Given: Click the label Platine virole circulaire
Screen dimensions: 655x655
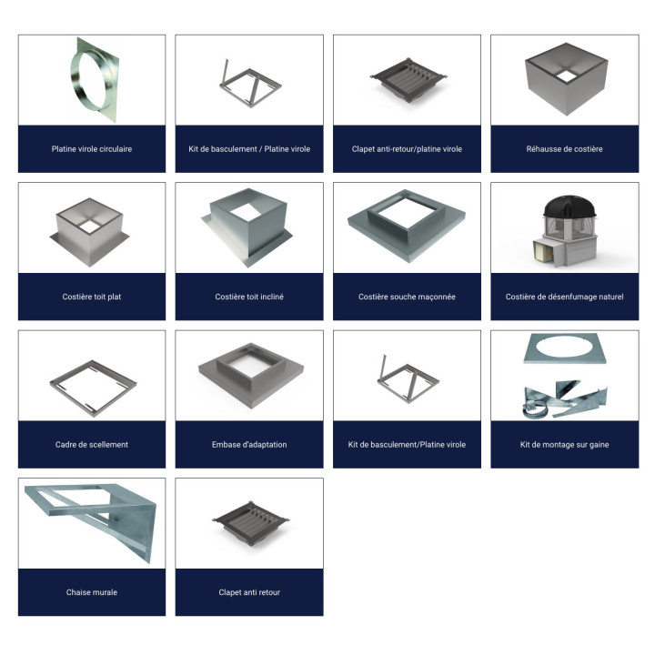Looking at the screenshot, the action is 92,149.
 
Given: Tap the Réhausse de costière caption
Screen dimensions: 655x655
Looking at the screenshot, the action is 564,149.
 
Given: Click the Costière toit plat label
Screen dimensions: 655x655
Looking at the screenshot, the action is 92,297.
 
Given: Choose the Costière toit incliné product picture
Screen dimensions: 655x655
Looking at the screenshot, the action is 249,227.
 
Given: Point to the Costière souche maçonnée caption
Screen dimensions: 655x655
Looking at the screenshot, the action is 407,297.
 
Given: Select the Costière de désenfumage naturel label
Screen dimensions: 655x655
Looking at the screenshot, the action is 564,297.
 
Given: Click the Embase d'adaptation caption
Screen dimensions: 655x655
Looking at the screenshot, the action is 249,445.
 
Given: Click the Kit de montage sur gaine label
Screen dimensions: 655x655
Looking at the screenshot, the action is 564,445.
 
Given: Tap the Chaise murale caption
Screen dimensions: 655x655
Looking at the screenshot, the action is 92,592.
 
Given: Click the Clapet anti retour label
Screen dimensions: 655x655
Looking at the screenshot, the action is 249,592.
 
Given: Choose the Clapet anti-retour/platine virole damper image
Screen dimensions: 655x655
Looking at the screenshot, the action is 408,79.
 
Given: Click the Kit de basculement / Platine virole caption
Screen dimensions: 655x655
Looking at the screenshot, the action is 249,149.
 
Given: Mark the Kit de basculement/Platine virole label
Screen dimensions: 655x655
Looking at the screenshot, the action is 407,445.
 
